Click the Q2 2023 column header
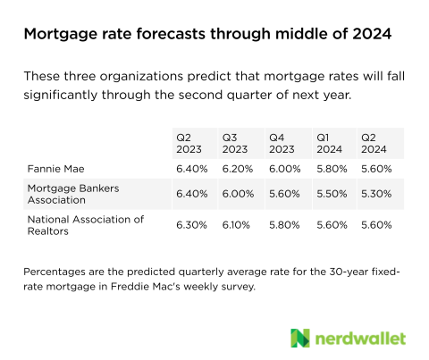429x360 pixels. [189, 143]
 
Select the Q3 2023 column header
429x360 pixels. [235, 143]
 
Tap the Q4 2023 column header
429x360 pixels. [282, 143]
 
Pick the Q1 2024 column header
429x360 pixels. [329, 143]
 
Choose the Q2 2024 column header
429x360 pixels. [374, 143]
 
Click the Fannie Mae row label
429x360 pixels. [55, 169]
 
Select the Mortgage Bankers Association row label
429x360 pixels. [73, 194]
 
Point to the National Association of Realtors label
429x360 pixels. [86, 225]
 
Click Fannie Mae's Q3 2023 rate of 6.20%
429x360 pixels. [238, 169]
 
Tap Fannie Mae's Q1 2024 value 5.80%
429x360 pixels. [332, 169]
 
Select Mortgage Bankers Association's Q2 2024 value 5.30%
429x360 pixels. [376, 194]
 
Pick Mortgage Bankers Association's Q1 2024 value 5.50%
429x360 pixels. [332, 194]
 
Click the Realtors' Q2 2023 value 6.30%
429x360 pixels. [191, 225]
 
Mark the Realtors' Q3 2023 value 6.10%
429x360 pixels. [236, 225]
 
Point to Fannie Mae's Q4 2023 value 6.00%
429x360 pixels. [285, 169]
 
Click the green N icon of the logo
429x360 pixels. [300, 338]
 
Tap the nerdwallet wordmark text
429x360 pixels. [360, 339]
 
